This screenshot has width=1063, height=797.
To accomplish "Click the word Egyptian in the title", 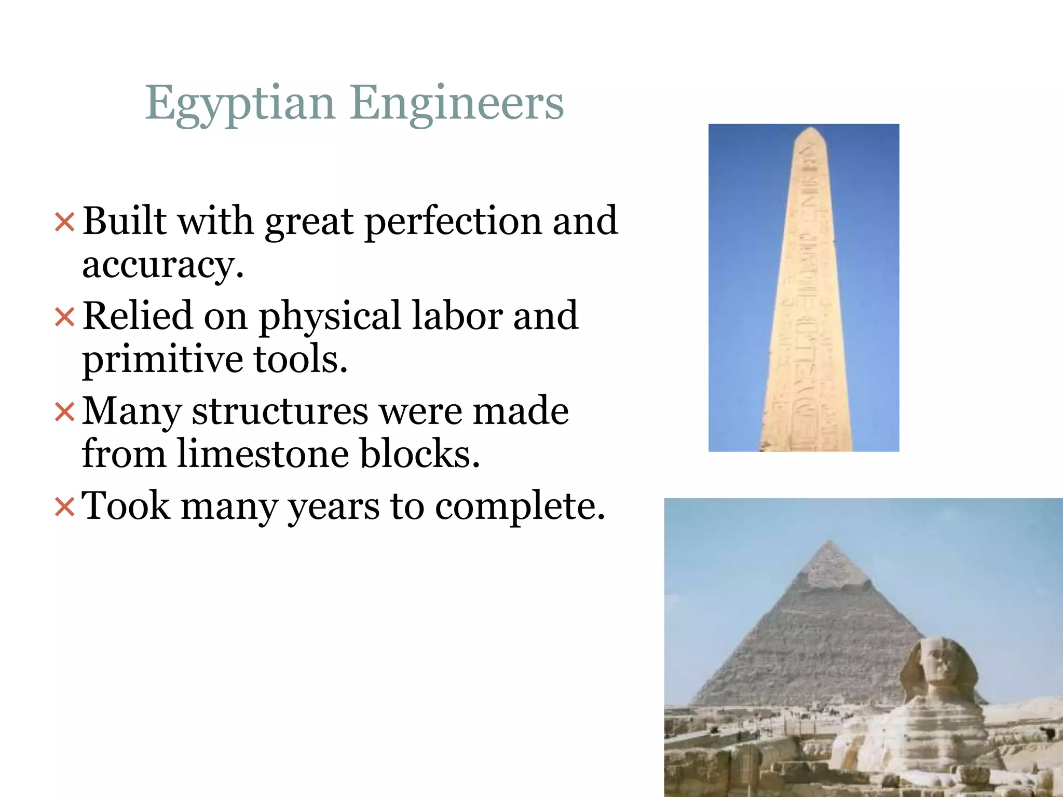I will coord(240,104).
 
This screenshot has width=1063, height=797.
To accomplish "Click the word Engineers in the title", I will coord(457,104).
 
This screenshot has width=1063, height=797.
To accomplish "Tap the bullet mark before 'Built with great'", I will coord(65,223).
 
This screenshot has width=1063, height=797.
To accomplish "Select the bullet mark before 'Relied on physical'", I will coord(65,317).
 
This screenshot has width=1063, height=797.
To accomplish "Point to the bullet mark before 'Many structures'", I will coord(65,412).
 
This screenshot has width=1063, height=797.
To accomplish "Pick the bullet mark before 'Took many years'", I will coord(65,507).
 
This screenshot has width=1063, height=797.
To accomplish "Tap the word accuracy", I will coord(162,265).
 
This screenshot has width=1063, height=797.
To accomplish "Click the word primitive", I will coord(162,360).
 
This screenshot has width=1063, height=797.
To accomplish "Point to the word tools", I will coord(301,359).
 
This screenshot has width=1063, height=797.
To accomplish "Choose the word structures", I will coord(280,411).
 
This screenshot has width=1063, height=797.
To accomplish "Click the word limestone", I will coord(263,454).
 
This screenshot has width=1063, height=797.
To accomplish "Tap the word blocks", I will coord(420,454).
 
